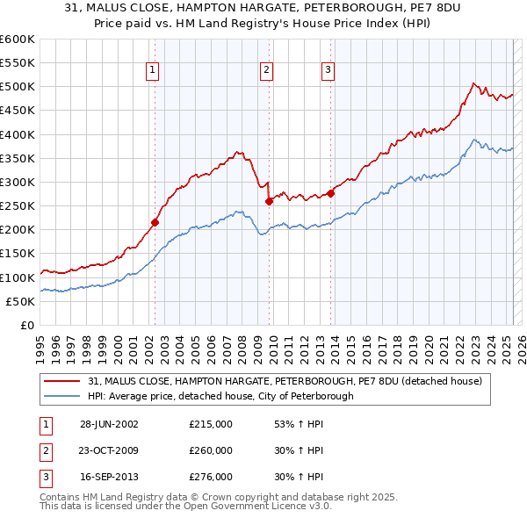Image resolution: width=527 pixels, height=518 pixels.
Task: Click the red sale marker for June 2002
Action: coord(155,222)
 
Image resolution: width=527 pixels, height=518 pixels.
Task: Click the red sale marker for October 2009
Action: coord(269,201)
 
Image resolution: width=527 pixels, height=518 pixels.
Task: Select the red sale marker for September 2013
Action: coord(330,193)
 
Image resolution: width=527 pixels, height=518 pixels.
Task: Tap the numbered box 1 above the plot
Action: coord(153,71)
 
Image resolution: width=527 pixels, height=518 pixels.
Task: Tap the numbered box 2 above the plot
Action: coord(266,71)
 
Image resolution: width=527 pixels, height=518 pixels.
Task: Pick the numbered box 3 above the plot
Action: coord(327,71)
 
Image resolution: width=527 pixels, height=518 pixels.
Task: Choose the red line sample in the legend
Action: coord(62,382)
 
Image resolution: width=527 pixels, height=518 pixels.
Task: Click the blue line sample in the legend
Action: coord(62,397)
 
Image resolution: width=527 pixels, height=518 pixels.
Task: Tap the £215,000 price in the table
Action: coord(211,424)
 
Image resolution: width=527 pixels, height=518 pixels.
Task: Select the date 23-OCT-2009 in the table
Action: coord(109,450)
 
